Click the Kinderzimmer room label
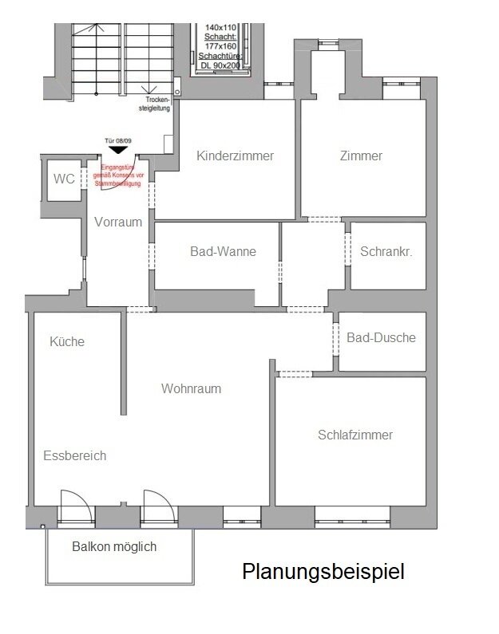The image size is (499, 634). pyautogui.click(x=235, y=156)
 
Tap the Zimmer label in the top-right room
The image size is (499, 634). pyautogui.click(x=360, y=156)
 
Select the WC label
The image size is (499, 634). pyautogui.click(x=64, y=179)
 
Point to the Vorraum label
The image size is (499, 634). pyautogui.click(x=118, y=222)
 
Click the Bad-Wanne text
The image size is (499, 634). pyautogui.click(x=223, y=251)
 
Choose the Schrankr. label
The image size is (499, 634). pyautogui.click(x=387, y=251)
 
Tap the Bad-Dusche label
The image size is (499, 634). pyautogui.click(x=381, y=337)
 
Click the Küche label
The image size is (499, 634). pyautogui.click(x=67, y=341)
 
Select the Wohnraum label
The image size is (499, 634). pyautogui.click(x=191, y=389)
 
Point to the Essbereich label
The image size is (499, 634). pyautogui.click(x=74, y=456)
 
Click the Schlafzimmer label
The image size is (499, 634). pyautogui.click(x=355, y=435)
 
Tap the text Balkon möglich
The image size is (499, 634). pyautogui.click(x=114, y=547)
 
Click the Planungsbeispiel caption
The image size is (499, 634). pyautogui.click(x=323, y=572)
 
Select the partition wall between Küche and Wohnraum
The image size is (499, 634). pyautogui.click(x=124, y=363)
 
